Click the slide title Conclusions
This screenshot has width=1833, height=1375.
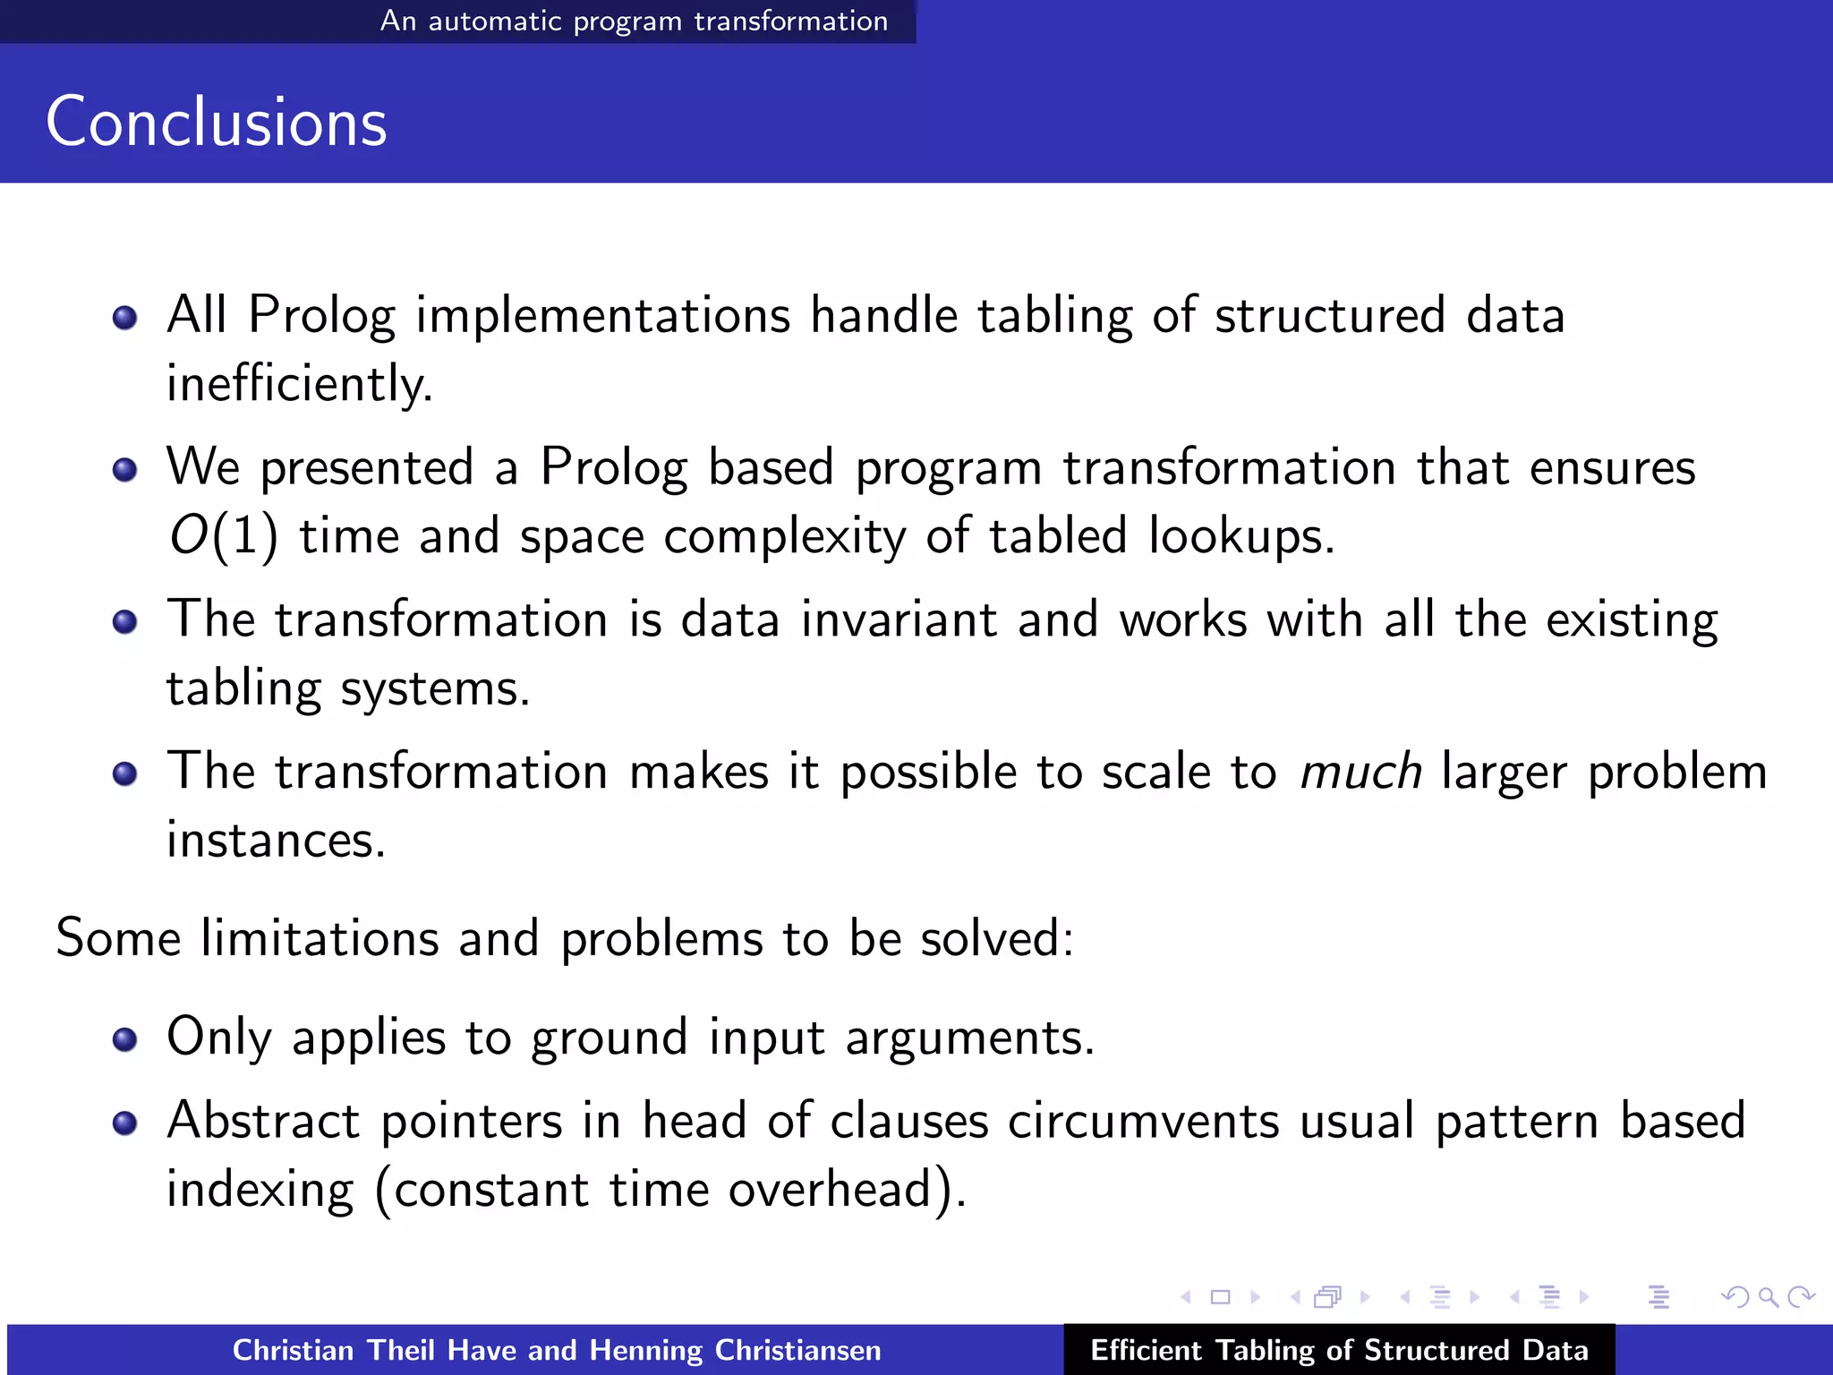217,122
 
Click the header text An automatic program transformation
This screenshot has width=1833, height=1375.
634,21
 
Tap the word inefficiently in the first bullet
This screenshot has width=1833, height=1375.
299,384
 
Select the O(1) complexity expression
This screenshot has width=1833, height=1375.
224,536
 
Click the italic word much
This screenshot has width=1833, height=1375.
1360,772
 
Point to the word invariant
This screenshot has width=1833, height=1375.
899,619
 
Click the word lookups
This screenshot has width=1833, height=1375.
1240,536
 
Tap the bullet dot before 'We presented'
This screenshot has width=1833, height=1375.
125,469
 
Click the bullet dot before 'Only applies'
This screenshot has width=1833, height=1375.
125,1038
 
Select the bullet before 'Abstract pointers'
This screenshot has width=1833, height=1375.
125,1123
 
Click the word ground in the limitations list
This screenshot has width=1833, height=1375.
609,1038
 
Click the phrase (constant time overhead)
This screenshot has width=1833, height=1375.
669,1191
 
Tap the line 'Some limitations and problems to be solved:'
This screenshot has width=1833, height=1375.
564,938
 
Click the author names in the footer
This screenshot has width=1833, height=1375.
557,1350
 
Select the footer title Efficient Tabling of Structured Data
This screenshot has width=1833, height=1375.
1339,1350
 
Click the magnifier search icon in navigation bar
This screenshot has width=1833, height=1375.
1768,1297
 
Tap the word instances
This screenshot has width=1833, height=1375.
276,841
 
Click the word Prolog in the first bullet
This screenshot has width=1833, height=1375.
321,316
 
